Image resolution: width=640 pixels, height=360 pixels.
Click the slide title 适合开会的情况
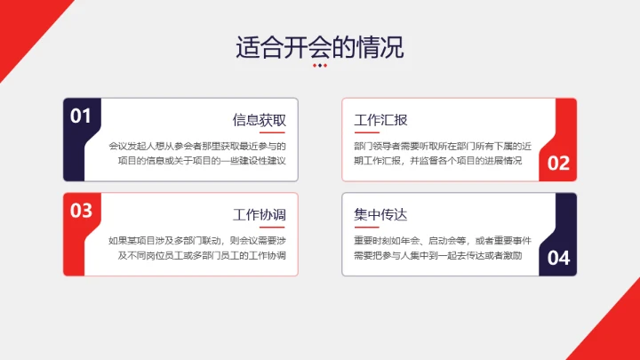pyautogui.click(x=319, y=46)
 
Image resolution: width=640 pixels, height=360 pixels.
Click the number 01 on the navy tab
pyautogui.click(x=81, y=116)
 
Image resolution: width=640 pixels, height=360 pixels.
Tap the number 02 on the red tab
pyautogui.click(x=558, y=163)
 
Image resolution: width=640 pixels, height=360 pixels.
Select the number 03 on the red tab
pyautogui.click(x=81, y=211)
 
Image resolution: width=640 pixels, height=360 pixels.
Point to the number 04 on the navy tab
pyautogui.click(x=558, y=258)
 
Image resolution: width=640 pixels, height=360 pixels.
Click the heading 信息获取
pyautogui.click(x=259, y=120)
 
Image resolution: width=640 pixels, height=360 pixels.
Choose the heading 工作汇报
pyautogui.click(x=380, y=120)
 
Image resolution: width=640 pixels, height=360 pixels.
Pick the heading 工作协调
pyautogui.click(x=259, y=215)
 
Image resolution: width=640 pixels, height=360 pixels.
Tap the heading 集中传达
pyautogui.click(x=380, y=215)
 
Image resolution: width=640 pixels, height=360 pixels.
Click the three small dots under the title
pyautogui.click(x=320, y=65)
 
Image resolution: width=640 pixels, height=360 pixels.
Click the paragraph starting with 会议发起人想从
pyautogui.click(x=202, y=153)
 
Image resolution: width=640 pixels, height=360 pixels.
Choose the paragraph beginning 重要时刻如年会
pyautogui.click(x=436, y=248)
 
